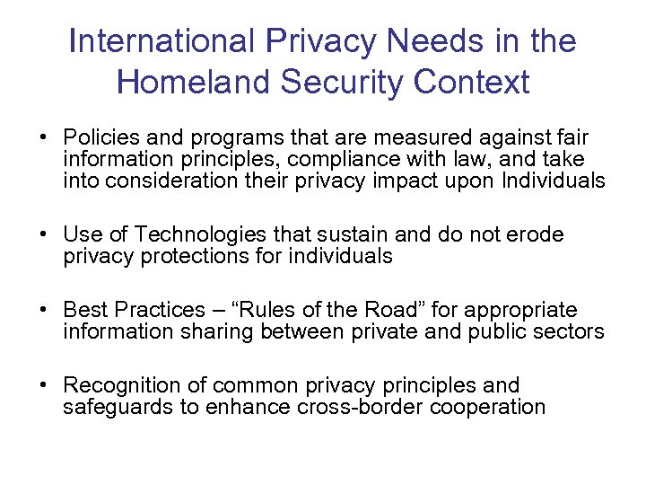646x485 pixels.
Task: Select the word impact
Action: [422, 181]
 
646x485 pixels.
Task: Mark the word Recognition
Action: [118, 386]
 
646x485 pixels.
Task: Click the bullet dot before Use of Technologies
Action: [43, 236]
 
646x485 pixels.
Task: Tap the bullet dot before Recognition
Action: [43, 387]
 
